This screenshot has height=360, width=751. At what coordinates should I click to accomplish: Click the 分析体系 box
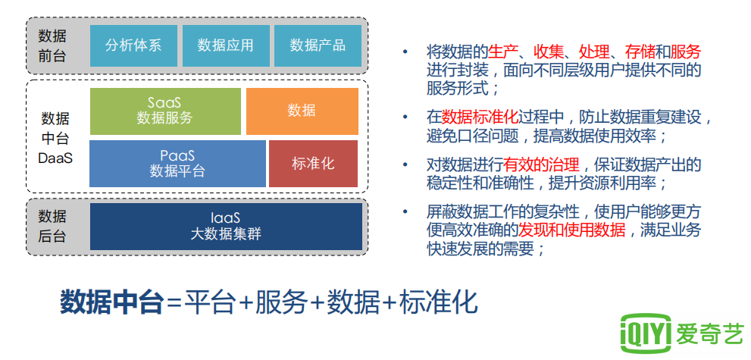click(133, 45)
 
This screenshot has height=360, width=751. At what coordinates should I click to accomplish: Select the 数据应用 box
click(226, 45)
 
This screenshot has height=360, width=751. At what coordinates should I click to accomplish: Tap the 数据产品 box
click(318, 45)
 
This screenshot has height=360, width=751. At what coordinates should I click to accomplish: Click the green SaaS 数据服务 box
click(165, 111)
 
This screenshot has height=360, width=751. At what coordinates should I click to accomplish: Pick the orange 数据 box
click(302, 111)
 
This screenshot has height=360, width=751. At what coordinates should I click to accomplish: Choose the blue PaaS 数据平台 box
click(177, 163)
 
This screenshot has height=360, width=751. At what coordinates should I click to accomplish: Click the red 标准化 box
click(313, 163)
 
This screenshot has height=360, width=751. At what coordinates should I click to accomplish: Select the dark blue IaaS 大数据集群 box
click(226, 227)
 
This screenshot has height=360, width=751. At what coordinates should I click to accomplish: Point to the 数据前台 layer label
click(52, 46)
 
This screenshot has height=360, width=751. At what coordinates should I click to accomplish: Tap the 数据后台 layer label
click(52, 227)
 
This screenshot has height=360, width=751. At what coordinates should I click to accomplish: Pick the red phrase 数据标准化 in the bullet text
click(480, 117)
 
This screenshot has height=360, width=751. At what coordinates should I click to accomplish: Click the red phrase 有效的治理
click(541, 166)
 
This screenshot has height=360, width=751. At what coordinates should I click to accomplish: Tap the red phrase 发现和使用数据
click(572, 230)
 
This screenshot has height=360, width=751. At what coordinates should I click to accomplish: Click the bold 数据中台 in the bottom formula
click(111, 302)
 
